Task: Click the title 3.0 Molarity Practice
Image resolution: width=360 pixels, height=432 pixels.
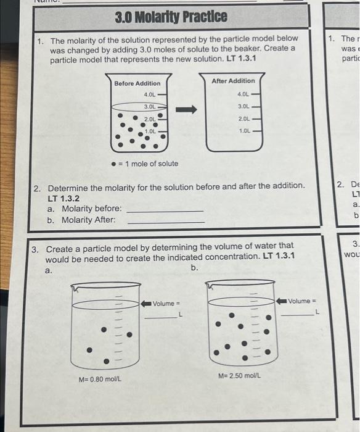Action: click(171, 16)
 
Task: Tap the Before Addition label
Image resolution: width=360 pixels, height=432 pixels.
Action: click(137, 83)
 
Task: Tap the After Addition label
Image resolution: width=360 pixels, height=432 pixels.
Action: click(233, 81)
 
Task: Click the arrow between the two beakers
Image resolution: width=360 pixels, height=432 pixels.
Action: click(186, 110)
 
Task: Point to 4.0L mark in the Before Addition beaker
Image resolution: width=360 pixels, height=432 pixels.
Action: click(149, 94)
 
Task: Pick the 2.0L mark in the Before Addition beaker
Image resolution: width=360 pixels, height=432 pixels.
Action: click(150, 118)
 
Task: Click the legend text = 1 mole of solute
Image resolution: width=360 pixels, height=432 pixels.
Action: click(148, 164)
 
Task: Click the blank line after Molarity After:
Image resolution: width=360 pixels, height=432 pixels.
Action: click(165, 222)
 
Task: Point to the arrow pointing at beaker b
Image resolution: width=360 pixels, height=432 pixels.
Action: click(284, 301)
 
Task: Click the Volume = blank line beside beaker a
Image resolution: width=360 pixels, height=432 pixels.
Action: click(160, 317)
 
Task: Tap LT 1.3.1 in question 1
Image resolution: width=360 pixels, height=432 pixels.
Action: click(239, 59)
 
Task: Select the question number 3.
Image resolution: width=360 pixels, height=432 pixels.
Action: click(36, 250)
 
